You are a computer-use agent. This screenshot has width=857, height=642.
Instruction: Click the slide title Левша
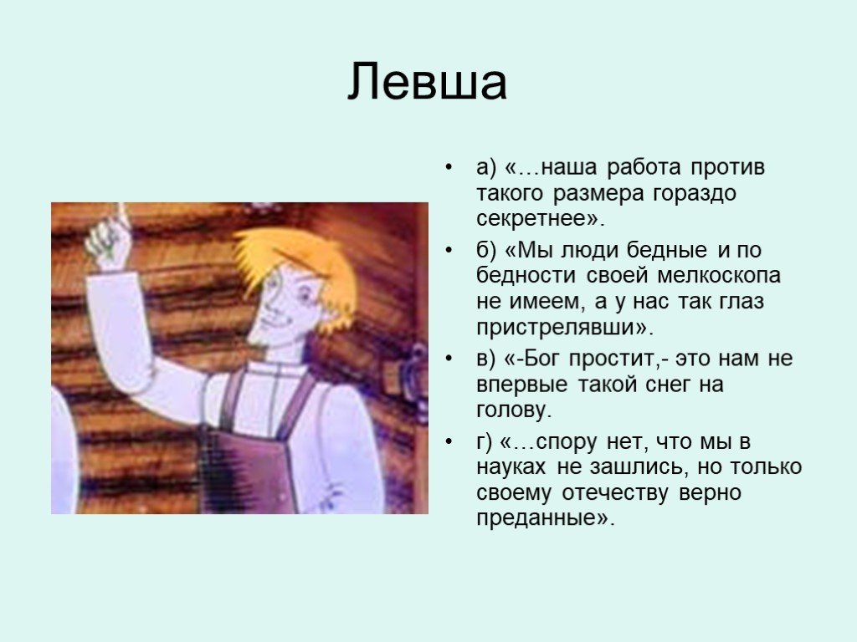click(428, 82)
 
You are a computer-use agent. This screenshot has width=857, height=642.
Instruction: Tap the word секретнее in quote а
click(535, 219)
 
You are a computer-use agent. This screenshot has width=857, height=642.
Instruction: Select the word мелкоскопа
click(719, 276)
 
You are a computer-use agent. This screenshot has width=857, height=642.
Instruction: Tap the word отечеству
click(614, 493)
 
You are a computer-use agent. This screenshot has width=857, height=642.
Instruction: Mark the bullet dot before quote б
click(449, 251)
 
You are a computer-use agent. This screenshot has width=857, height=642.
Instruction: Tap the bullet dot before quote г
click(449, 441)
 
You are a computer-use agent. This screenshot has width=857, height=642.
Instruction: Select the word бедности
click(526, 276)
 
